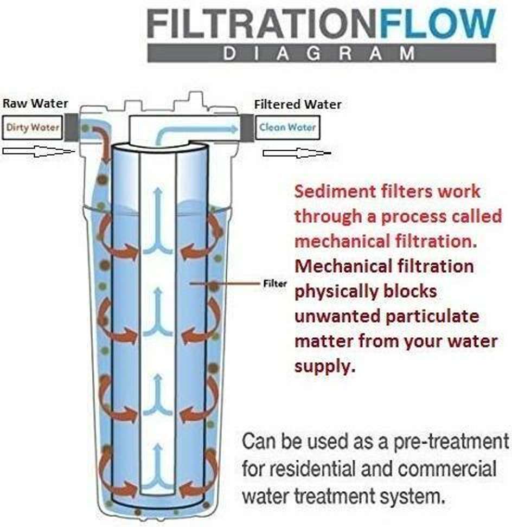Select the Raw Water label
(x=35, y=104)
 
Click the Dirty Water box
(x=33, y=127)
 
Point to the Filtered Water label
(x=298, y=104)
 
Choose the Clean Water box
(x=287, y=128)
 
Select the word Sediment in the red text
(x=334, y=192)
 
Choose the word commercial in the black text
(x=452, y=468)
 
